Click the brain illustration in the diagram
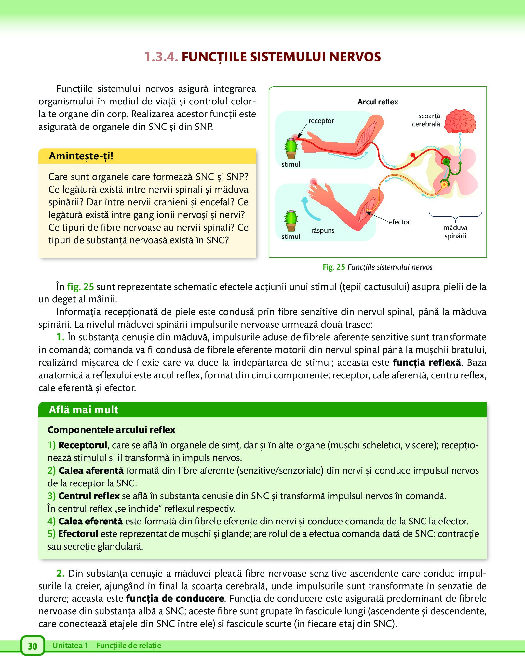(x=460, y=121)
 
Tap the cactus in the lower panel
(x=291, y=221)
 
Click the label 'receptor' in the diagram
(x=321, y=121)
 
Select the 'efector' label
(x=399, y=222)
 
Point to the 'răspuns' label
(x=323, y=230)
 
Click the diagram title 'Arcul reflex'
(x=378, y=102)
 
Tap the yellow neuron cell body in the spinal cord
(x=444, y=185)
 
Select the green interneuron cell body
(x=447, y=162)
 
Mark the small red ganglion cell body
(x=413, y=155)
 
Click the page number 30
(x=33, y=646)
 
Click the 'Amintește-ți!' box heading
(x=81, y=156)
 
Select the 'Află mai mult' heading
(x=84, y=410)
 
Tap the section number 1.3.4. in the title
(x=161, y=57)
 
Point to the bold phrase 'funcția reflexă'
(x=427, y=362)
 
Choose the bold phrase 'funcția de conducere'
(x=175, y=598)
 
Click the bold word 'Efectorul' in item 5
(x=78, y=534)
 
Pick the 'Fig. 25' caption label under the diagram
(x=334, y=267)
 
